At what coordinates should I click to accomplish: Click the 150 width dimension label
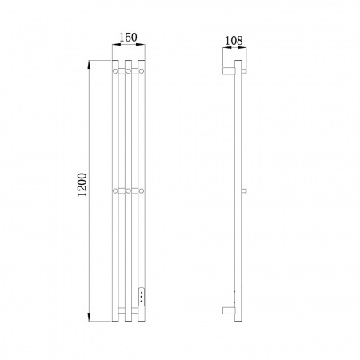[128, 38]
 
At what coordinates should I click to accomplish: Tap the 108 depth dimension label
[234, 41]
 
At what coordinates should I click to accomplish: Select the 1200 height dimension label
[82, 185]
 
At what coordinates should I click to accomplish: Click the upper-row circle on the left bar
[115, 71]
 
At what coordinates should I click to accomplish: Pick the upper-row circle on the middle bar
[128, 71]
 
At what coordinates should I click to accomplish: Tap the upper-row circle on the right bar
[142, 71]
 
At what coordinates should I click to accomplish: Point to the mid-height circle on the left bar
[115, 190]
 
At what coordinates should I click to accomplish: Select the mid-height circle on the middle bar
[128, 190]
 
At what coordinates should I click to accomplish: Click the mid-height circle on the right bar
[142, 190]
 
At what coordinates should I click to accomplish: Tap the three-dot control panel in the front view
[142, 296]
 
